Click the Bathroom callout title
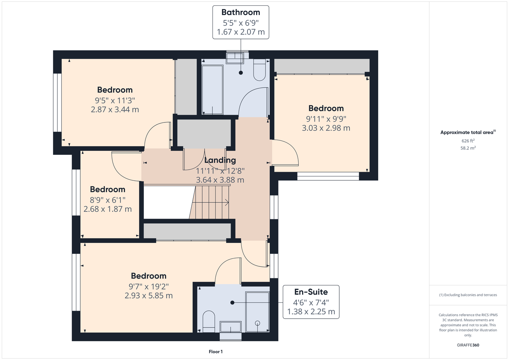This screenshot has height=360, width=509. tap(241, 12)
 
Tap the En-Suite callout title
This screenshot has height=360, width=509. tap(311, 292)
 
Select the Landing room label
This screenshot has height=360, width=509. tap(220, 160)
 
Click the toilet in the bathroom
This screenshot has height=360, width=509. tap(259, 70)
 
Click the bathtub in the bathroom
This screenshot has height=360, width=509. tap(212, 90)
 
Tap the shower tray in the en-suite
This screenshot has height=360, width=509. tap(258, 312)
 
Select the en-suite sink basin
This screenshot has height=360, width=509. tap(231, 327)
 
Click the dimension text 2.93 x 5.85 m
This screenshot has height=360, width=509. tap(149, 296)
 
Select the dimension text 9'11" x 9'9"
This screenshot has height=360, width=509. tap(326, 118)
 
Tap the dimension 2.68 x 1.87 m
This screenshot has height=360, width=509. tap(107, 209)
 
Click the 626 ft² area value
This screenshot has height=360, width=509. tap(468, 141)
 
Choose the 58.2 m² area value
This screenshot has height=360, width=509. tap(468, 148)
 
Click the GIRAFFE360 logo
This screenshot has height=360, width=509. tap(468, 345)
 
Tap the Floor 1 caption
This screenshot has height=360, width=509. tap(216, 352)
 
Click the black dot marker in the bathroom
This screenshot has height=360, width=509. tap(241, 73)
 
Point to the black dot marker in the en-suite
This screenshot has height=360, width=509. tap(232, 302)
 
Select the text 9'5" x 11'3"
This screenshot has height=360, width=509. tap(115, 100)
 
